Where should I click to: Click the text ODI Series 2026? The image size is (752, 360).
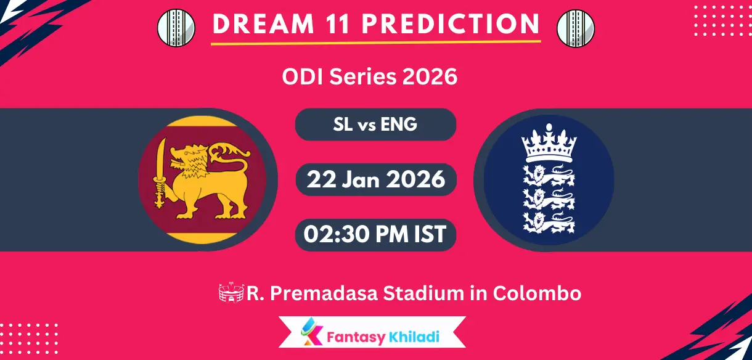click(370, 77)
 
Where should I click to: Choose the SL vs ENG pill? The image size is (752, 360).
click(375, 125)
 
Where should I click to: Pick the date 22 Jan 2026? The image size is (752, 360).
click(376, 179)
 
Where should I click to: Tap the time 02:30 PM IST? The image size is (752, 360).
click(375, 234)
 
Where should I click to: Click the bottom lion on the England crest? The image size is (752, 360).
click(549, 221)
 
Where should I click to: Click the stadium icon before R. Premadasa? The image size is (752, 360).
click(231, 293)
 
